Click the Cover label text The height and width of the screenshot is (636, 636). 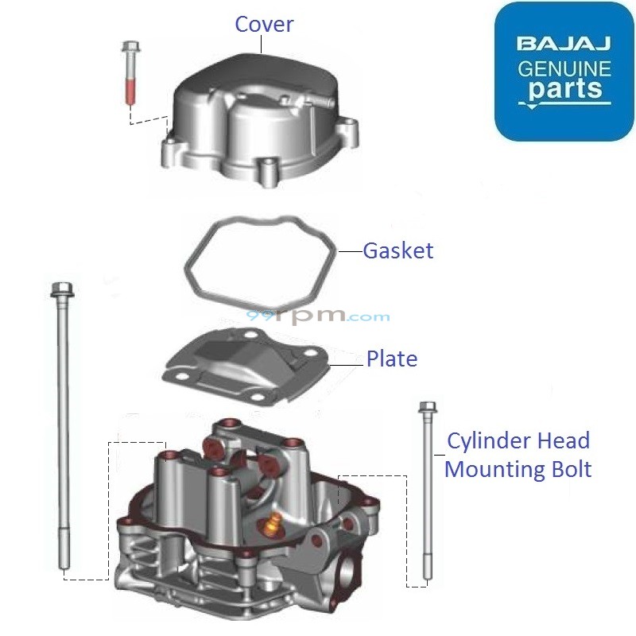pos(264,24)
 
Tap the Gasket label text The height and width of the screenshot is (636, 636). pos(398,250)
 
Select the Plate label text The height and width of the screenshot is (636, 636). pos(391,359)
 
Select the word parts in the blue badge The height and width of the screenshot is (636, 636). pos(564,89)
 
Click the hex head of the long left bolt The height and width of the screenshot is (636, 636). pos(61,289)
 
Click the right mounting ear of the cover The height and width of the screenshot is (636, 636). pos(347,127)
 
